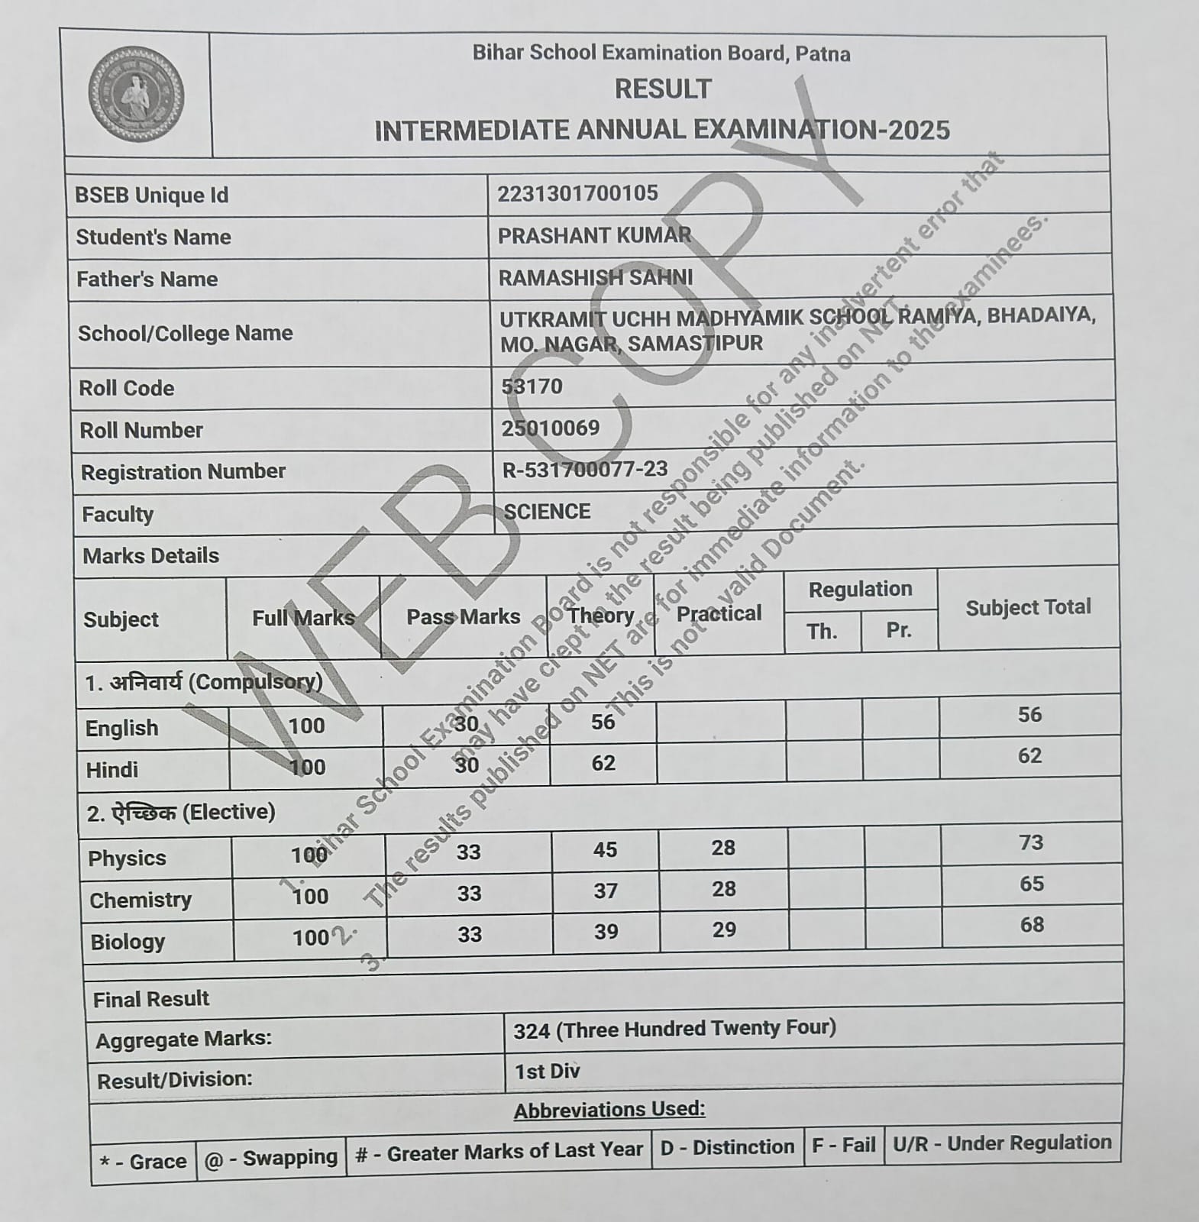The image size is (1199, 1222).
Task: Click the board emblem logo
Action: tap(136, 95)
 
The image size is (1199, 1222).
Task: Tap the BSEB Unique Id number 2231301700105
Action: tap(577, 193)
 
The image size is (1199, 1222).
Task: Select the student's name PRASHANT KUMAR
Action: tap(594, 235)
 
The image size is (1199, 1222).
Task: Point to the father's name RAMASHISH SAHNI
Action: tap(596, 277)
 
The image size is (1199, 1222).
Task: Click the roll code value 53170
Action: tap(532, 386)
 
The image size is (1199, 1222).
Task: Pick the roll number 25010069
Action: tap(550, 428)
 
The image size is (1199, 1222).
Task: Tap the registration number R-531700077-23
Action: tap(584, 469)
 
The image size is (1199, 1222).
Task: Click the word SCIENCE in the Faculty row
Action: tap(547, 511)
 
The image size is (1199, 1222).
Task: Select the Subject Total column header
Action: tap(1028, 608)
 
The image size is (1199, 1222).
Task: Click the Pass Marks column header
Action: tap(463, 617)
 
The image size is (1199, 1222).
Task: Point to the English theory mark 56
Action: tap(603, 722)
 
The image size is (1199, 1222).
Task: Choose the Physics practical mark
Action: tap(722, 848)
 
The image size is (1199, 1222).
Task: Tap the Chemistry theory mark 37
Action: tap(605, 891)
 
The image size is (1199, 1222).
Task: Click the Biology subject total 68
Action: tap(1032, 925)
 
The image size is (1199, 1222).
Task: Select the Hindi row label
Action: tap(112, 770)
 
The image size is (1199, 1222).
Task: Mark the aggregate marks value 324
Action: tap(532, 1031)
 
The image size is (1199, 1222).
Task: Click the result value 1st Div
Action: tap(547, 1072)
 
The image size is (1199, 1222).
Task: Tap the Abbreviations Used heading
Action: tap(609, 1110)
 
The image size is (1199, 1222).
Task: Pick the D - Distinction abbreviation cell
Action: tap(727, 1147)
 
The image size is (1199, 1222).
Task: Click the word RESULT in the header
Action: tap(663, 89)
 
